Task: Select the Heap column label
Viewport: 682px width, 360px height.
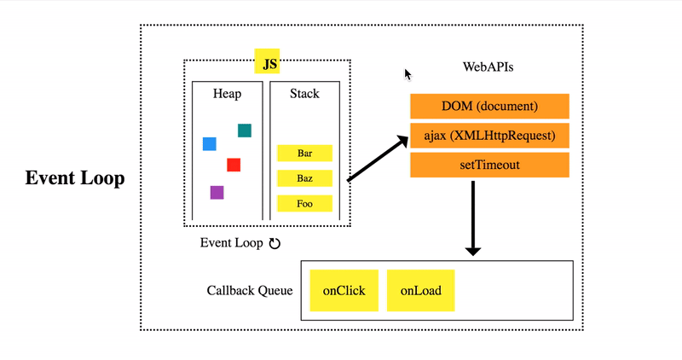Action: (227, 93)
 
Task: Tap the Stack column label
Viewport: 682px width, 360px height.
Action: (304, 93)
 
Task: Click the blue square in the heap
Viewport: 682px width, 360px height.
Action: (210, 143)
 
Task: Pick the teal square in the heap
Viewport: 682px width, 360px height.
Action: (245, 131)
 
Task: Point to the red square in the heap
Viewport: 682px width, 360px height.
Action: (234, 165)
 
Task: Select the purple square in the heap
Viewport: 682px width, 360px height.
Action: (217, 192)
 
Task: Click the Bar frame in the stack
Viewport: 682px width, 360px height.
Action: (304, 154)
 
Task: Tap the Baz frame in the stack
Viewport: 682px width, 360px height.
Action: (304, 179)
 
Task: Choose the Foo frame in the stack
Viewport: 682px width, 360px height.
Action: (304, 204)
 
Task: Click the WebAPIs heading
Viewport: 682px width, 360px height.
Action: (488, 66)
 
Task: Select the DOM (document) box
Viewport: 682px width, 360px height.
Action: (489, 107)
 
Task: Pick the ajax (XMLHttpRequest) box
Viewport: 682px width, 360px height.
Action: (489, 136)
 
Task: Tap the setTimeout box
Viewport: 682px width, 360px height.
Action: (489, 165)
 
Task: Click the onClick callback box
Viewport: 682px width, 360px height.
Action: (344, 291)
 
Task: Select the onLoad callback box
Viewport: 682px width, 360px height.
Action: (420, 291)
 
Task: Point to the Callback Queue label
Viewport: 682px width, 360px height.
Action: (250, 291)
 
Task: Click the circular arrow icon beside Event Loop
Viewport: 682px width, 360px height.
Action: (275, 243)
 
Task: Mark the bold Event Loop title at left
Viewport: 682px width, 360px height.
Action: (75, 179)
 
